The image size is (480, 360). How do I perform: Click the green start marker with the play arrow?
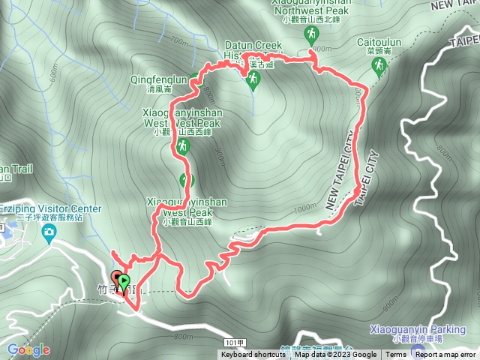point(123,282)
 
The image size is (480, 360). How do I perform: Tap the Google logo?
point(28,349)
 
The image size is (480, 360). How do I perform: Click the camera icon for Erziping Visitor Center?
point(50,233)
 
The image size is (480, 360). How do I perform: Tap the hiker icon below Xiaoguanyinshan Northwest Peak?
point(310,34)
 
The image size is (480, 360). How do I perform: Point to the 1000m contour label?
point(306,209)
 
